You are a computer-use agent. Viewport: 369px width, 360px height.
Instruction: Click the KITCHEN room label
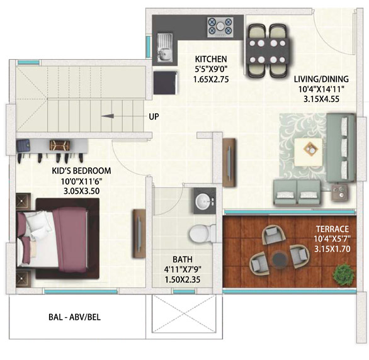211,59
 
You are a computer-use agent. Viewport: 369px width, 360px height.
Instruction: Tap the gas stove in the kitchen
220,27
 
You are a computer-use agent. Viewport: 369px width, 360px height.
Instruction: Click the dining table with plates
268,52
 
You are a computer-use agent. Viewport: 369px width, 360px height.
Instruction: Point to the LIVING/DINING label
321,79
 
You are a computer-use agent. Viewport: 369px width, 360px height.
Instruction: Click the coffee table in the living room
309,152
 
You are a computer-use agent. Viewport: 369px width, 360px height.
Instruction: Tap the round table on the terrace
280,259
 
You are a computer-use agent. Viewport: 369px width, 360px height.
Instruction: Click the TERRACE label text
332,229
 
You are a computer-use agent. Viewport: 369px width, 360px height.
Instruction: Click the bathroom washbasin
204,201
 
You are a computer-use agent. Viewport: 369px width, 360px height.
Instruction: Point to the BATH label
183,259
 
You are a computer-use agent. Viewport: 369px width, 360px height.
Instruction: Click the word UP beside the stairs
154,116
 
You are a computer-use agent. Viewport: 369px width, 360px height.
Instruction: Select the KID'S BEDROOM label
81,171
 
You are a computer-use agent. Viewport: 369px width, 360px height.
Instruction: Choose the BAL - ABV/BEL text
74,317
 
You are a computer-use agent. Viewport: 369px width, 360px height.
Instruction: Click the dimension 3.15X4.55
321,99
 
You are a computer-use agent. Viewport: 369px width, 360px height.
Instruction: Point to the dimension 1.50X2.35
183,279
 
